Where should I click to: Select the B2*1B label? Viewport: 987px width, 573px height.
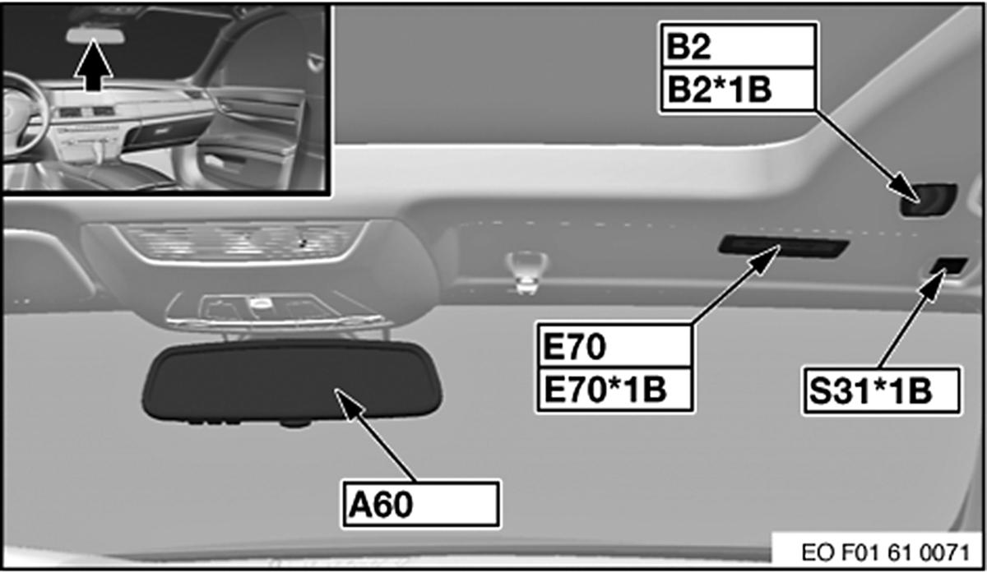[x=737, y=89]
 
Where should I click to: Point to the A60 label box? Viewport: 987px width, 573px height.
[x=419, y=504]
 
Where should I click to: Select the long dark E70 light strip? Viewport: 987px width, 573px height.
[x=781, y=246]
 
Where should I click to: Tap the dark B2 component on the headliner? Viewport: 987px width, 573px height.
[x=928, y=198]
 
